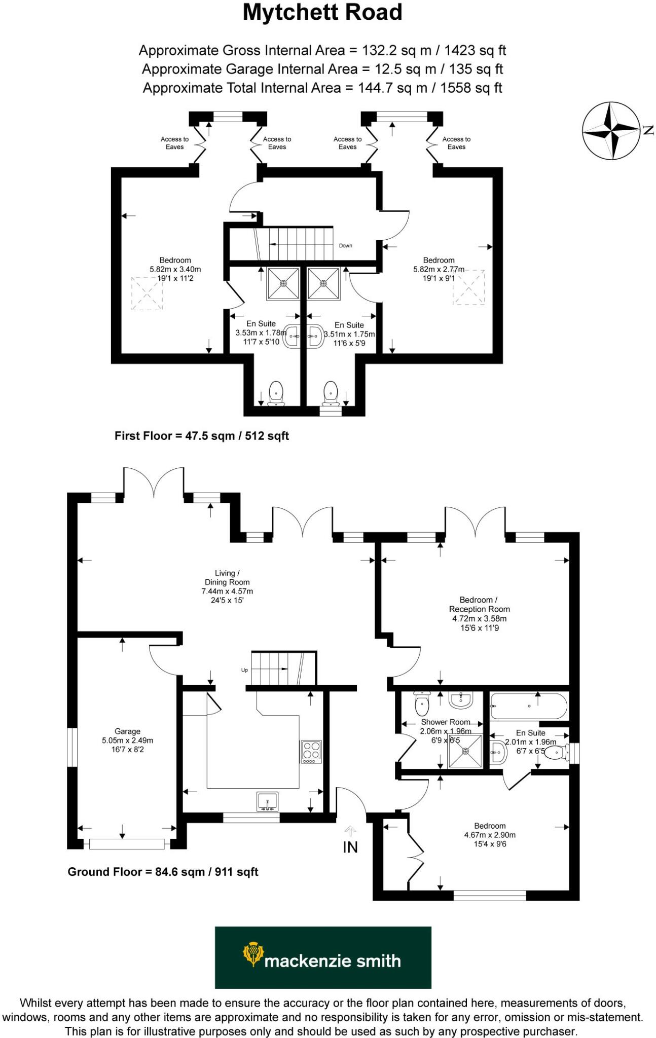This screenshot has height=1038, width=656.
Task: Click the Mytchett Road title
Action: [322, 13]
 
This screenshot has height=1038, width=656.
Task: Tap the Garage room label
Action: [127, 731]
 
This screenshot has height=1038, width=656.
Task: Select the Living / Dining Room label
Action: [227, 578]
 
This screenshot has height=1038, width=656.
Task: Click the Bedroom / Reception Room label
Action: [479, 604]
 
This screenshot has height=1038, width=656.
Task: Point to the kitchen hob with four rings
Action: [311, 752]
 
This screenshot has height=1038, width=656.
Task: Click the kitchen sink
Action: [267, 801]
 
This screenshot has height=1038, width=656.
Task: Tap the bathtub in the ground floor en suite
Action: [528, 706]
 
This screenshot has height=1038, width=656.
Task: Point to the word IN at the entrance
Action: [350, 847]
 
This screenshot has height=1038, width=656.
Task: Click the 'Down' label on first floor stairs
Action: [345, 246]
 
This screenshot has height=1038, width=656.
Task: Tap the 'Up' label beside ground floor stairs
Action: [244, 670]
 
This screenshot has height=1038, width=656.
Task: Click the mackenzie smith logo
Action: [323, 957]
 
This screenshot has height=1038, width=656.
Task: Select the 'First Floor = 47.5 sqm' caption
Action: [201, 436]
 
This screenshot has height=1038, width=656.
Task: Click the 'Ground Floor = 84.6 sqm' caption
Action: [163, 872]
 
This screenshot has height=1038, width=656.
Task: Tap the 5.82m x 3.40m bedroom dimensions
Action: [175, 270]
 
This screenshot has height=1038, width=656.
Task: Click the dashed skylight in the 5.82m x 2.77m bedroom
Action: [469, 287]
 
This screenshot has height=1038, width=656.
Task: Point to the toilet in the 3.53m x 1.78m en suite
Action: [276, 393]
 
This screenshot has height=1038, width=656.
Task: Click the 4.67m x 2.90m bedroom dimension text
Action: [490, 835]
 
